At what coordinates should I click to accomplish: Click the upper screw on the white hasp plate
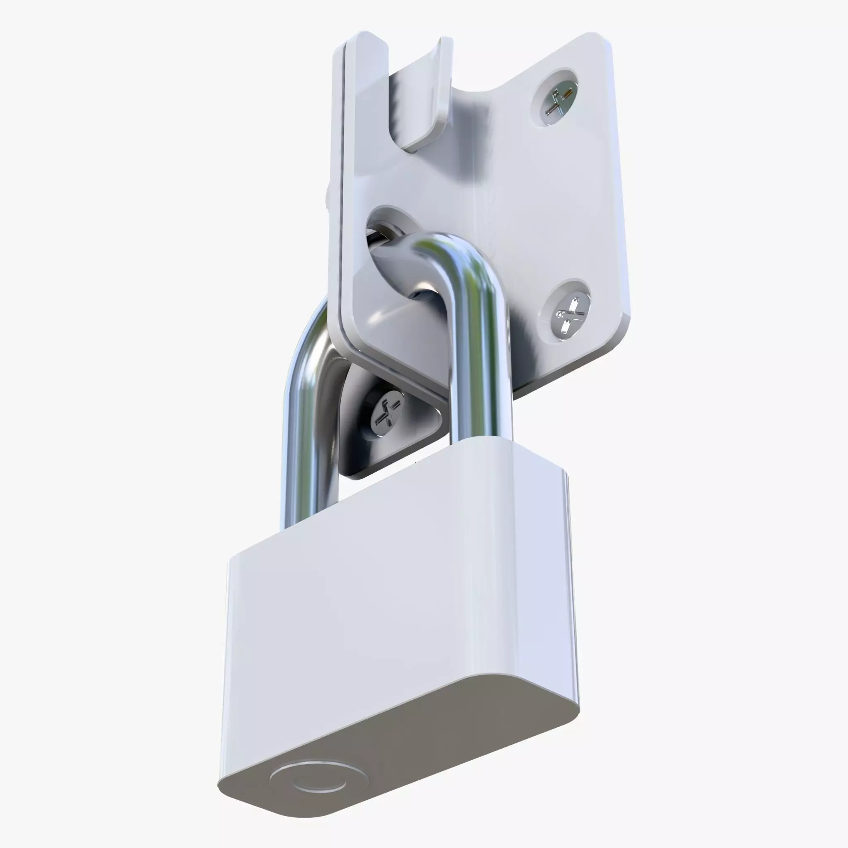[x=556, y=100]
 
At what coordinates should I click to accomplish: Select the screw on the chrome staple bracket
[x=385, y=413]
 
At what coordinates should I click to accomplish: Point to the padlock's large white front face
[x=395, y=606]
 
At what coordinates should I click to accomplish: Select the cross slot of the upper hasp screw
[x=556, y=100]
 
